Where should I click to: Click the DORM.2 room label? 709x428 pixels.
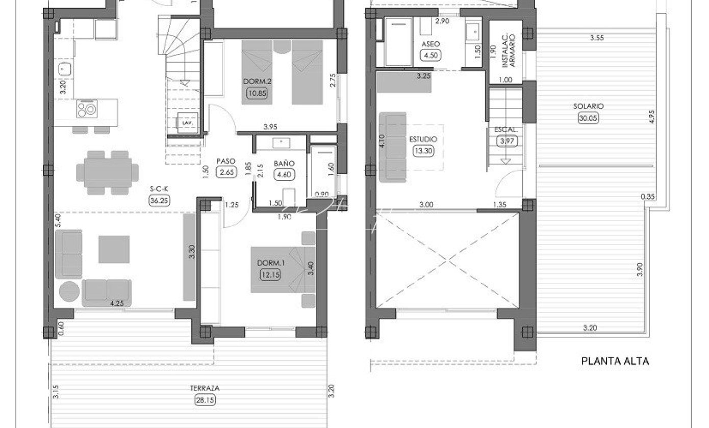257,82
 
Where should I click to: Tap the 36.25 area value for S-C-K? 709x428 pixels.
159,200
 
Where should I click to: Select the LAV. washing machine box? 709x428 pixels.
188,123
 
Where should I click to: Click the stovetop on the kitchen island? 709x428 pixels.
87,109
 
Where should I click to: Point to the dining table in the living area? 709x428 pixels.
108,173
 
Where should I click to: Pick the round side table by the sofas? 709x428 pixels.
69,291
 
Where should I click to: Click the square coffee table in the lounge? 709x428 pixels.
114,249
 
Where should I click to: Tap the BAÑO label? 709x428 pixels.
284,164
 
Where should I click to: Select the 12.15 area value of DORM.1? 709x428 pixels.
270,275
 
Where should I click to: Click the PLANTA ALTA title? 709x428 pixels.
615,361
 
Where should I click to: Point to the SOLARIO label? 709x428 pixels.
589,106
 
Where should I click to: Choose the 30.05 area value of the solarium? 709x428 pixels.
589,118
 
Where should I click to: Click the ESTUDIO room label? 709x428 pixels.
423,139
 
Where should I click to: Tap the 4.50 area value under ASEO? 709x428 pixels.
431,56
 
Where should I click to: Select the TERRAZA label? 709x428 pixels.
205,388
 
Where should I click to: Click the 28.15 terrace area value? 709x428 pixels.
205,400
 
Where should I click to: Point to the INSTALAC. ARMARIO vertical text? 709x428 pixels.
509,50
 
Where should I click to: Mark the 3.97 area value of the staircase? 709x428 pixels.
507,141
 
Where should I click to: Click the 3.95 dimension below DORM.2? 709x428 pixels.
270,127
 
